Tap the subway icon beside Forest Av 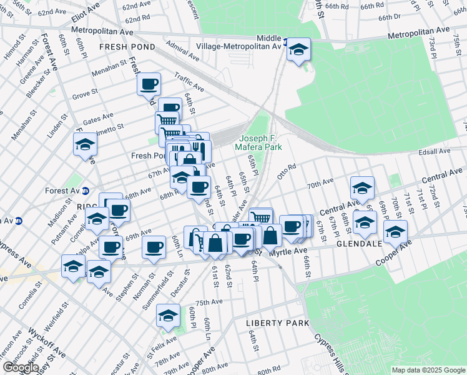tap(86, 191)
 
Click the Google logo tap(21, 367)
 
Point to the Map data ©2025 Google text tap(428, 370)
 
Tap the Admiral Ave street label tap(182, 51)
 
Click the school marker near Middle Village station tap(299, 49)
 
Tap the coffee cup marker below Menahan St tap(149, 84)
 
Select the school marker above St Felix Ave tap(168, 316)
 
